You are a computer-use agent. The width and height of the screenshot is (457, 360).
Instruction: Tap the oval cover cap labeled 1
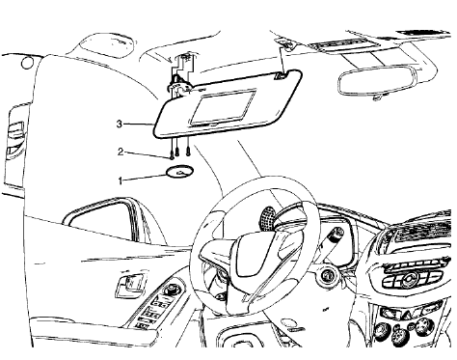tap(176, 174)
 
